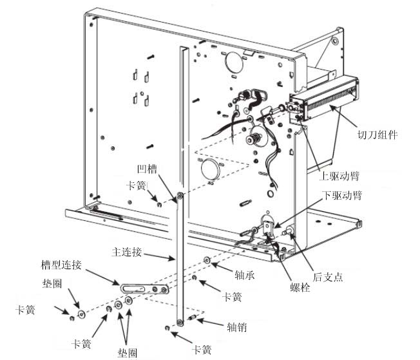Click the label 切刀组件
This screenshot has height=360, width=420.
377,135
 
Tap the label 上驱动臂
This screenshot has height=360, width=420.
339,176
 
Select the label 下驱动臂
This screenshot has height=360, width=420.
342,195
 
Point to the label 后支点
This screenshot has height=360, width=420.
328,277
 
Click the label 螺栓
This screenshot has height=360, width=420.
300,287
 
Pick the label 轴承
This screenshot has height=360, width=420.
244,275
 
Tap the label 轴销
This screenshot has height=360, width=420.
237,327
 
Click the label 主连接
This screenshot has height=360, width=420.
126,252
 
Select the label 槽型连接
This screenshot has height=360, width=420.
61,265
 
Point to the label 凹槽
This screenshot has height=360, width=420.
147,169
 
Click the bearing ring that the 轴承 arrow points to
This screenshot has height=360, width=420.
207,260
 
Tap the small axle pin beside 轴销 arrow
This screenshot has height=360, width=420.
193,318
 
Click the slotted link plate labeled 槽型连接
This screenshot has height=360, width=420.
145,289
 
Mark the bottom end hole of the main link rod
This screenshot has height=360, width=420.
180,322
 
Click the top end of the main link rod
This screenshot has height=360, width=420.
180,196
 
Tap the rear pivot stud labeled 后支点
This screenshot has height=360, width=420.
289,231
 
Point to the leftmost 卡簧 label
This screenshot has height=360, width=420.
25,310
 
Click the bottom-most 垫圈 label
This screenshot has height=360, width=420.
128,352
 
